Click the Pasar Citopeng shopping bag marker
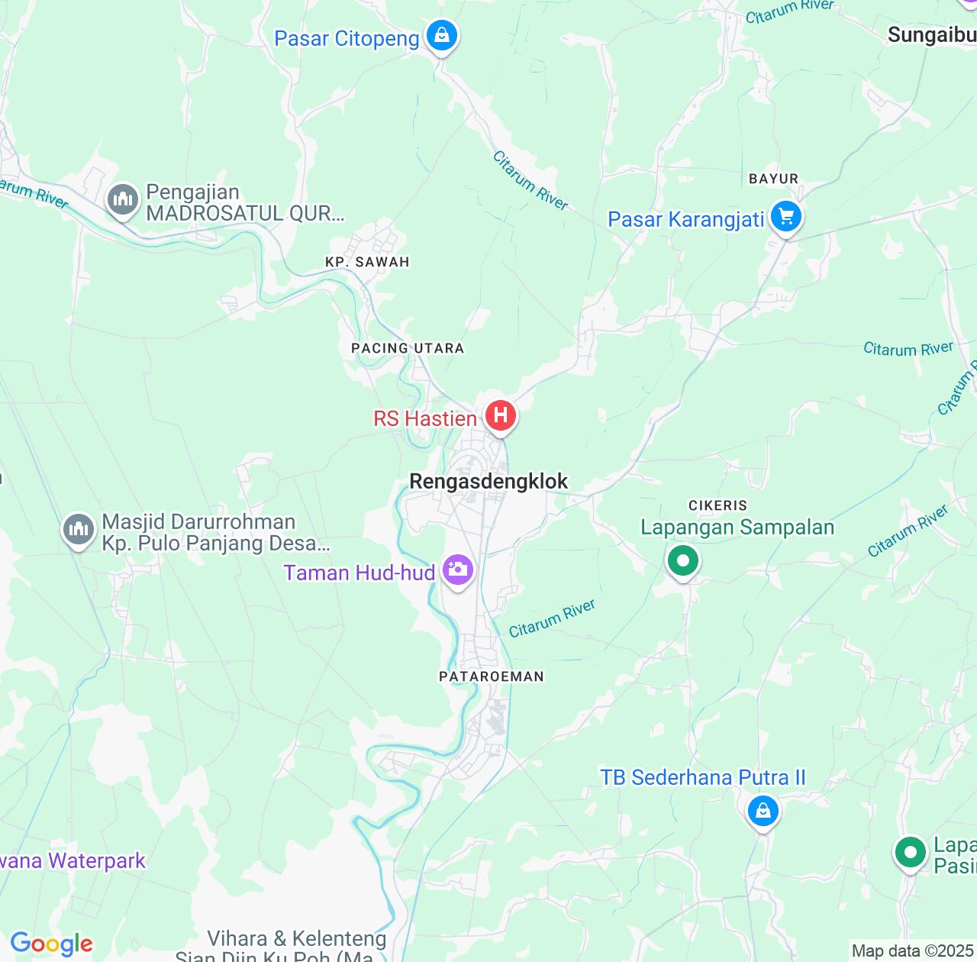pos(441,35)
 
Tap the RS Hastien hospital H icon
pos(501,415)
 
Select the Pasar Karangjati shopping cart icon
pos(785,218)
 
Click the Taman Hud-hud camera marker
pos(458,570)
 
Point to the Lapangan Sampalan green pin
pos(683,561)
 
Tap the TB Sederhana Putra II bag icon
pos(763,810)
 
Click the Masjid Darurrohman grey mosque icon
pos(78,529)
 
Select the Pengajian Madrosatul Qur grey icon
pos(122,200)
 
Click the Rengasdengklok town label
pos(488,481)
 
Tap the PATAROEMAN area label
pos(492,676)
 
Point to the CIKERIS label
pos(717,505)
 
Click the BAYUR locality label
pos(773,179)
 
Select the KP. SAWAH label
pos(367,262)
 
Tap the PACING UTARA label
pos(408,348)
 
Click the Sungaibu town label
pos(931,35)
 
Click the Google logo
pos(51,944)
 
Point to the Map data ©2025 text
pos(912,951)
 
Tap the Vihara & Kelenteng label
pos(297,938)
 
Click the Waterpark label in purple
pos(73,860)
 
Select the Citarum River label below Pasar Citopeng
pos(530,179)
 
